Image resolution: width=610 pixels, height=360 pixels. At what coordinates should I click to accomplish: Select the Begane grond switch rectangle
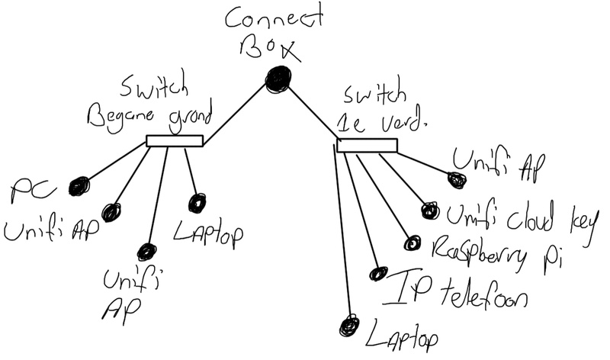tap(174, 140)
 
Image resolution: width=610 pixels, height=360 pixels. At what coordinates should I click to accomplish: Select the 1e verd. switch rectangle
tap(367, 146)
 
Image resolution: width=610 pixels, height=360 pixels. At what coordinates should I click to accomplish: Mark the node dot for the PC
tap(79, 185)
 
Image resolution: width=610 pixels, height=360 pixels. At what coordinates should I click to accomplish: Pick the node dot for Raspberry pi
tap(413, 243)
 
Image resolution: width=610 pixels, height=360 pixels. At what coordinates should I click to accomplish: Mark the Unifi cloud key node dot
tap(429, 210)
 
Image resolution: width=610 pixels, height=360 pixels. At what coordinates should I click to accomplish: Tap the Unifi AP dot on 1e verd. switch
tap(456, 180)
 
